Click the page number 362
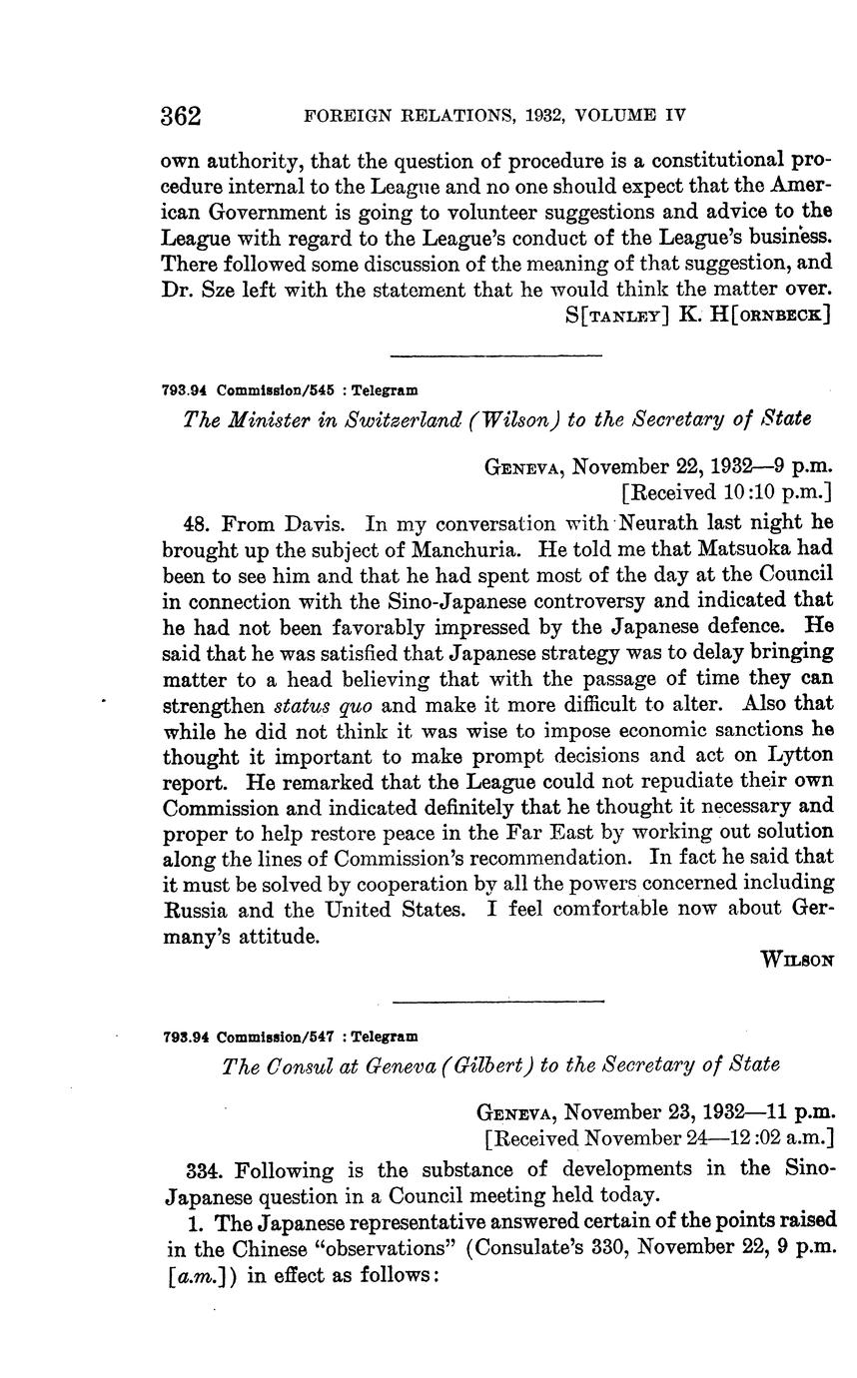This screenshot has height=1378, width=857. [181, 116]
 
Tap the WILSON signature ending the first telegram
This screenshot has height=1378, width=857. [796, 960]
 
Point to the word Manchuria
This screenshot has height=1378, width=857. [466, 548]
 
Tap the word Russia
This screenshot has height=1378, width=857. [196, 910]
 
